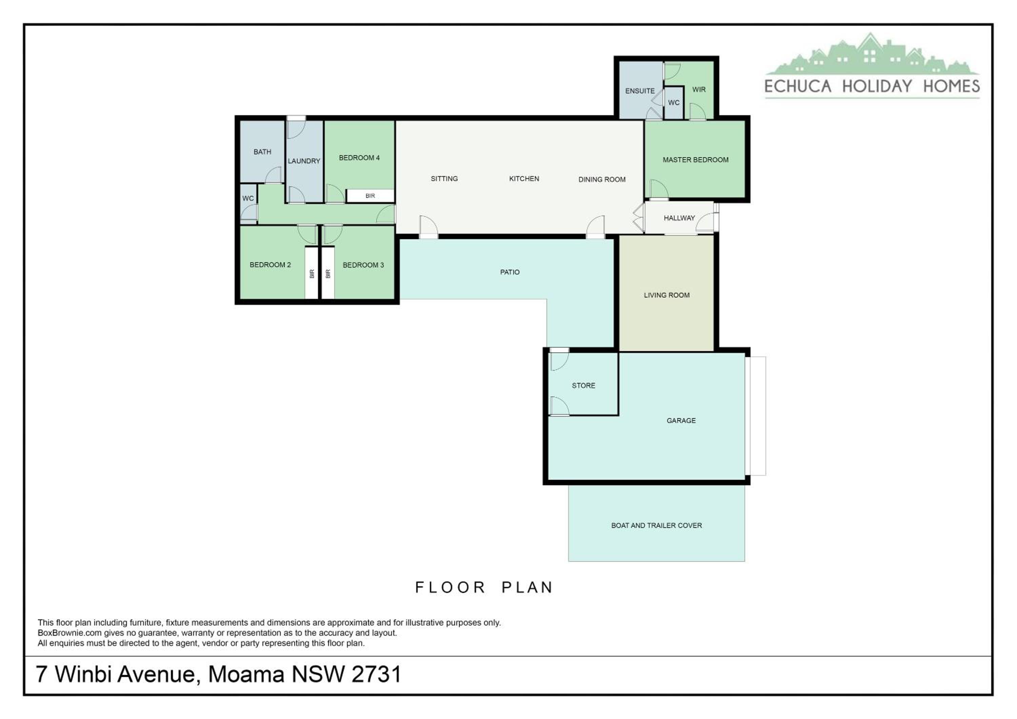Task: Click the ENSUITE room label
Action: [x=640, y=91]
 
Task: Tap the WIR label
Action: [x=699, y=89]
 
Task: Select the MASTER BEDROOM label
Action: [x=695, y=160]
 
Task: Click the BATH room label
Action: [x=262, y=152]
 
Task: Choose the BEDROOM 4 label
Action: [x=359, y=158]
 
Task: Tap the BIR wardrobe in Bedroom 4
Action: [x=370, y=196]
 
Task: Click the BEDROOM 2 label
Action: [x=270, y=265]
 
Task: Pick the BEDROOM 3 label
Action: [x=363, y=265]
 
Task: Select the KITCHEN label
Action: [x=524, y=179]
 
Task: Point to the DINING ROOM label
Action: [x=602, y=179]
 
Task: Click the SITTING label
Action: [x=444, y=179]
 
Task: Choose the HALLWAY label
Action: [x=679, y=218]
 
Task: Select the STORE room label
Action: [x=583, y=386]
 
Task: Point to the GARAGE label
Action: [x=681, y=420]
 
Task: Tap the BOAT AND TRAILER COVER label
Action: [x=656, y=526]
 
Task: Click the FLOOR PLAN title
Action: [x=484, y=588]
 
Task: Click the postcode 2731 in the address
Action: [x=377, y=674]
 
